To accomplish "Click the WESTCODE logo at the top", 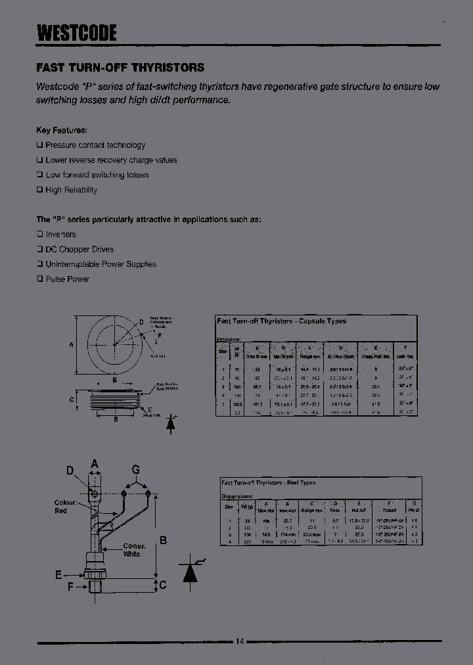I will click(76, 32).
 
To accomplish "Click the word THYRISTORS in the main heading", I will click(169, 68).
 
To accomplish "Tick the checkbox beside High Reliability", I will click(39, 190).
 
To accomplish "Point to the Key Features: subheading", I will click(61, 130).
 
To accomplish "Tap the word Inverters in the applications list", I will click(60, 235).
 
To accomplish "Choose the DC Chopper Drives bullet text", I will click(79, 250).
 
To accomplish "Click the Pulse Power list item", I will click(67, 279).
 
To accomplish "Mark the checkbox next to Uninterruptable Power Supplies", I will click(39, 264).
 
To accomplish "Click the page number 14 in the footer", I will click(239, 641).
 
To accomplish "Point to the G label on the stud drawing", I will click(135, 469).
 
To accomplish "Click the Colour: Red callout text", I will click(66, 507).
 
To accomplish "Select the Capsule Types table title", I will click(282, 321).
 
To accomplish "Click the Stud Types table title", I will click(269, 483).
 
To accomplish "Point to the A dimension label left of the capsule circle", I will click(71, 344).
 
